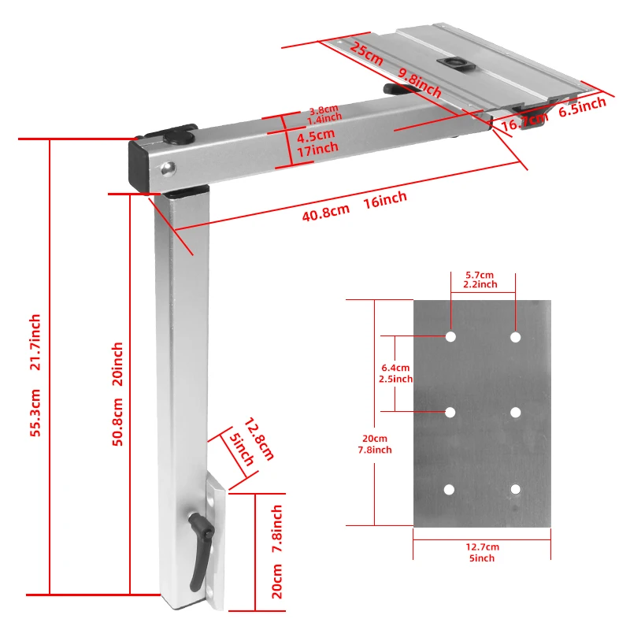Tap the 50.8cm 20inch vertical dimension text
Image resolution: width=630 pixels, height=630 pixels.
(117, 394)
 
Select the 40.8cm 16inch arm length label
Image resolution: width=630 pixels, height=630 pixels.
(354, 206)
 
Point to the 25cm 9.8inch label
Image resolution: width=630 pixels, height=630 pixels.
(394, 68)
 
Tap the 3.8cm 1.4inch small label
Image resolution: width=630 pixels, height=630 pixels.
(323, 115)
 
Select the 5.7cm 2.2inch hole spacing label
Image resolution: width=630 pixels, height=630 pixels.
(482, 279)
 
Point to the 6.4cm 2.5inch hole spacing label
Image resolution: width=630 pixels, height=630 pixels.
(395, 373)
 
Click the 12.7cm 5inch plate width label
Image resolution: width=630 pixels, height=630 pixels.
(482, 552)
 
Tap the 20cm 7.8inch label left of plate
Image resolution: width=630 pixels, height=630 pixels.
(375, 444)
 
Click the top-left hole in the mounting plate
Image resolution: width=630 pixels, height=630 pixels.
(450, 337)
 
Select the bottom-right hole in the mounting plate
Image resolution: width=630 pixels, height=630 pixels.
(515, 489)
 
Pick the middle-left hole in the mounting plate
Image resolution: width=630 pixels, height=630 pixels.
(450, 412)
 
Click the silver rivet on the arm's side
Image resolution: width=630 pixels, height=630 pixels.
(167, 166)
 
